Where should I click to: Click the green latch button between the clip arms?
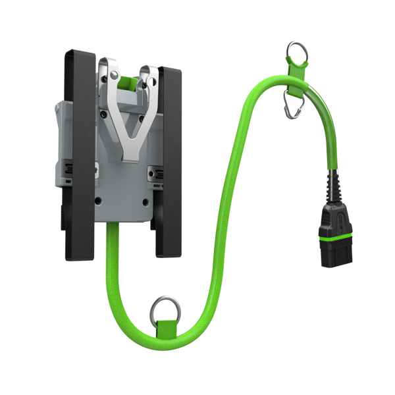point(128,83)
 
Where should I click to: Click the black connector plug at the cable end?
point(332,237)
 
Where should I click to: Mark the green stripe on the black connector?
point(332,247)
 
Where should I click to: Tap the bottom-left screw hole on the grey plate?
point(98,201)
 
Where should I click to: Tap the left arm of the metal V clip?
point(113,105)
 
